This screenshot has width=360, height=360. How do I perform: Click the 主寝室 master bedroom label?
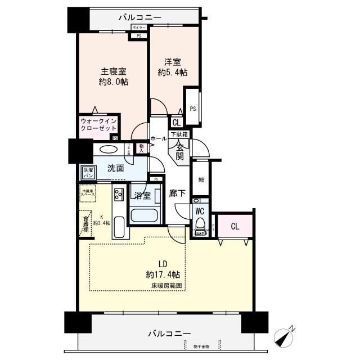[x=113, y=77]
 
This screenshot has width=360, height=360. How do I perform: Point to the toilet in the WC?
[x=199, y=226]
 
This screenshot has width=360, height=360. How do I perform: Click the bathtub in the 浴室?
[x=145, y=215]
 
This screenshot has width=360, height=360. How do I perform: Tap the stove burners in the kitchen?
[x=119, y=196]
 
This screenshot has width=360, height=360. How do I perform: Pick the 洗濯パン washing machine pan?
[x=88, y=173]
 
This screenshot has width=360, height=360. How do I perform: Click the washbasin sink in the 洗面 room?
[x=109, y=150]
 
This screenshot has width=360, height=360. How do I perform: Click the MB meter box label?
[x=201, y=180]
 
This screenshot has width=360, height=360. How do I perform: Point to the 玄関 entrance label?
[x=179, y=150]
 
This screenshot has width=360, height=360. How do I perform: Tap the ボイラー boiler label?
[x=138, y=27]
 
